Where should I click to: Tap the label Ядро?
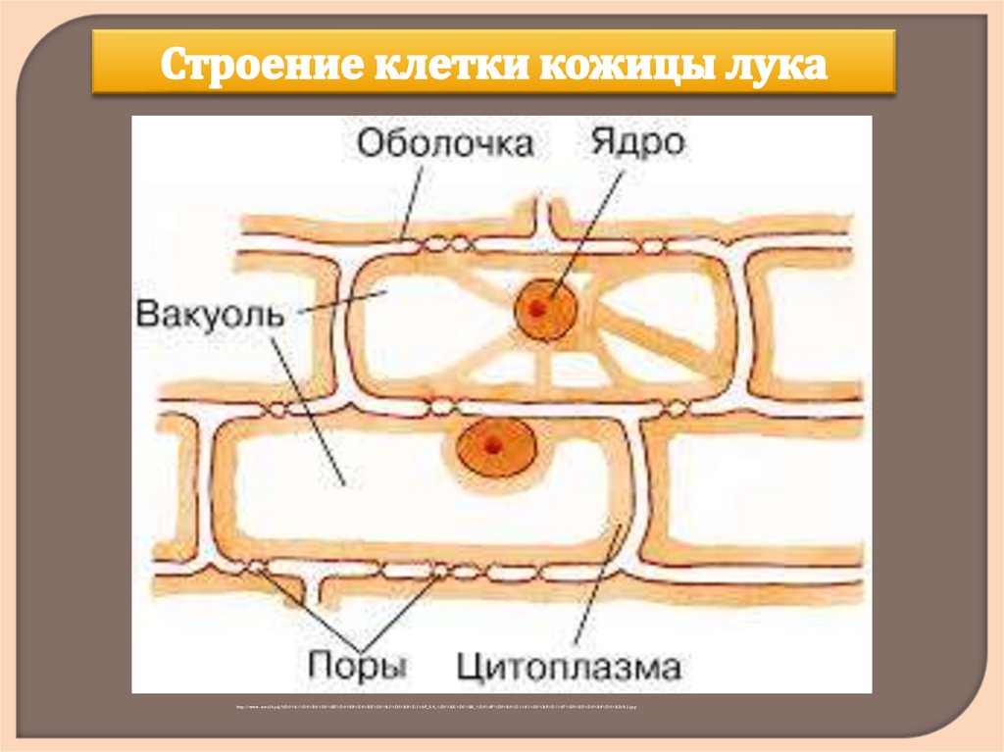coord(637,143)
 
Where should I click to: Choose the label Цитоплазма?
coord(568,668)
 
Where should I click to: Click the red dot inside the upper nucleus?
coord(537,308)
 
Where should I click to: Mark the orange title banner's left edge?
coord(95,62)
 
